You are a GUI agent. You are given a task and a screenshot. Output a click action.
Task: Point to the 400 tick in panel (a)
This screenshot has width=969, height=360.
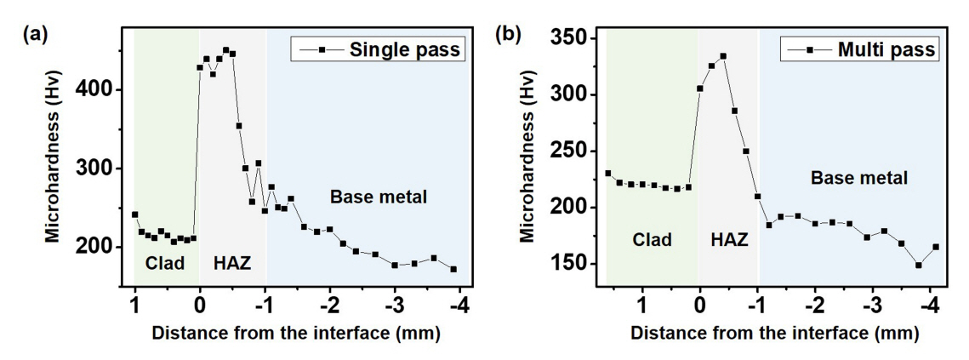click(x=108, y=89)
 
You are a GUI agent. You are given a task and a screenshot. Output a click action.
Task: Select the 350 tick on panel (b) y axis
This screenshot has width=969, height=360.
click(x=580, y=39)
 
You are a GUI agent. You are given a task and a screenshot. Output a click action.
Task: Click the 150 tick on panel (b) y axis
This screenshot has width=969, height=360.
click(x=580, y=265)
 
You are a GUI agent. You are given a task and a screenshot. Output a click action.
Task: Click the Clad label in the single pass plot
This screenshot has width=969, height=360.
click(x=165, y=263)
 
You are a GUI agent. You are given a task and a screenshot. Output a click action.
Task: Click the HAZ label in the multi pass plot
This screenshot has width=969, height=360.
click(x=728, y=240)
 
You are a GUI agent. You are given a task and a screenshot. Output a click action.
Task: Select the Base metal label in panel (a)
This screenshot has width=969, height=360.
click(x=378, y=198)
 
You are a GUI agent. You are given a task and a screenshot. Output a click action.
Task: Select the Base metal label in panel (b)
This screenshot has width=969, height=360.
click(x=859, y=179)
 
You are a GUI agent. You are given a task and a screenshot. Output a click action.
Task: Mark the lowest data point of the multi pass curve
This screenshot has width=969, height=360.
click(x=919, y=265)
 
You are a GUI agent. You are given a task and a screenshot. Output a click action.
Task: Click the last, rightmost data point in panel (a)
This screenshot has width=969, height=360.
click(x=453, y=269)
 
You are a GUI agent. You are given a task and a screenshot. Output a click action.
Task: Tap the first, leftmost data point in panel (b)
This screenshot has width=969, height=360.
click(x=607, y=174)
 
